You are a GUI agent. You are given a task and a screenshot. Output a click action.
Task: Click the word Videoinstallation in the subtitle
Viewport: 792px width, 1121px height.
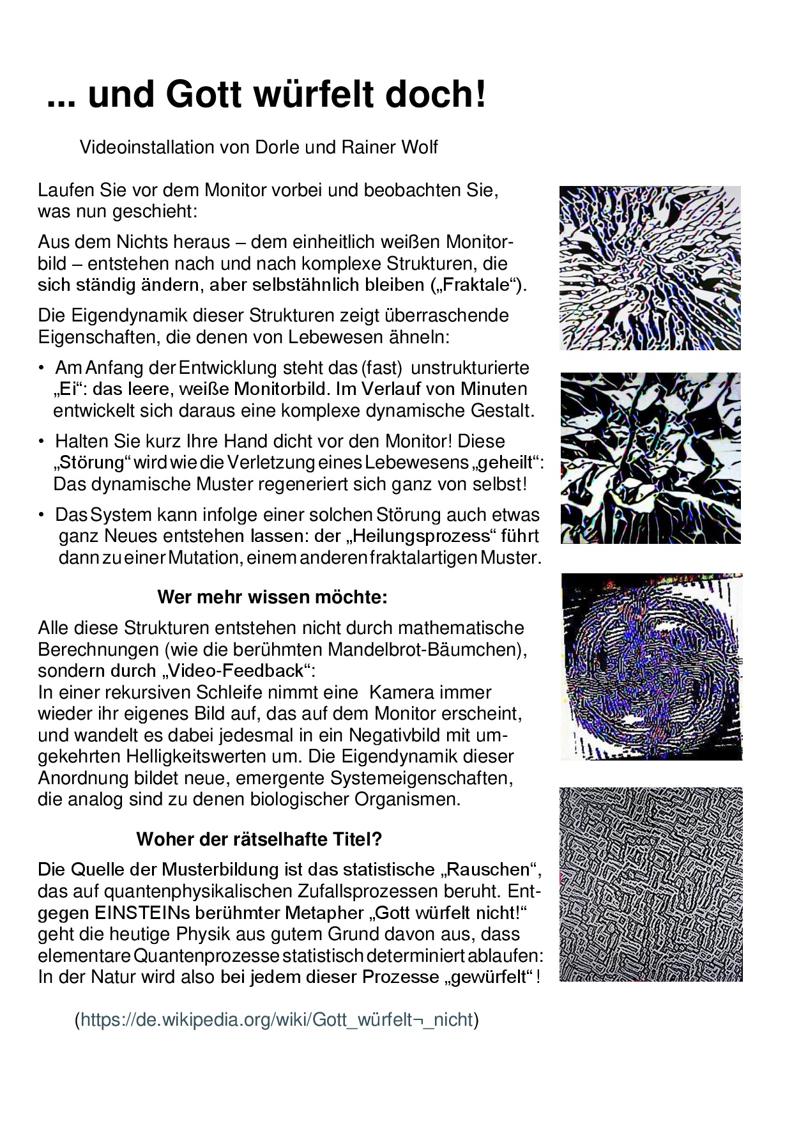[146, 147]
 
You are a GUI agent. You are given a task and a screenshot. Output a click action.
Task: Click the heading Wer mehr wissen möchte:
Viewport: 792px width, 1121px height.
[272, 598]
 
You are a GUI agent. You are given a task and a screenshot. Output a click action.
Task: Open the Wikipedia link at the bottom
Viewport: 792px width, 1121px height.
[277, 1019]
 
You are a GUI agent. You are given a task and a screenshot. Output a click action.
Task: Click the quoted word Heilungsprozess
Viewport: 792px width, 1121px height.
[424, 536]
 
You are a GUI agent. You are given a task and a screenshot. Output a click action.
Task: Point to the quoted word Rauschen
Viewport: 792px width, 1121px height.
[489, 870]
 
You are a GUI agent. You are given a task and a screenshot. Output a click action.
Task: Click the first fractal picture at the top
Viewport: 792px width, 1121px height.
[650, 268]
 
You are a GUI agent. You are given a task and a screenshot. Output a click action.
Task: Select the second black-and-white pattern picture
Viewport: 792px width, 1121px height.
[651, 458]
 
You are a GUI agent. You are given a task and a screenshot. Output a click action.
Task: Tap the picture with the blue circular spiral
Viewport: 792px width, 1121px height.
[651, 667]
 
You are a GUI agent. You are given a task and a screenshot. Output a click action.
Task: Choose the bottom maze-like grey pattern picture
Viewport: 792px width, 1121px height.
[651, 885]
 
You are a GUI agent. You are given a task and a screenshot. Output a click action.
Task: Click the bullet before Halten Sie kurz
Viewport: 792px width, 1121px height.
[42, 442]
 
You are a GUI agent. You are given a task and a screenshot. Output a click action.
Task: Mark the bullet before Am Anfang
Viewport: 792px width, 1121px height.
[42, 368]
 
